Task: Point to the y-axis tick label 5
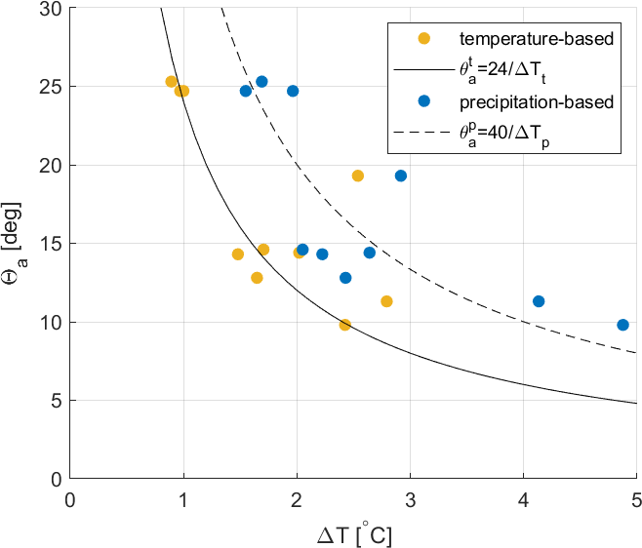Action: point(56,400)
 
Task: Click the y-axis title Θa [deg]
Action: point(21,244)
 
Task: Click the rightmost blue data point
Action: point(622,325)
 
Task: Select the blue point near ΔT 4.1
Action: point(539,301)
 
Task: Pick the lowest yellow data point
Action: point(345,325)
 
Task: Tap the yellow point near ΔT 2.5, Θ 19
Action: point(358,176)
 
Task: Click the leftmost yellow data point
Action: point(172,82)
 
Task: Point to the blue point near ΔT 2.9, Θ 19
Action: point(401,176)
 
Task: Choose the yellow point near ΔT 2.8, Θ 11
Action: point(386,301)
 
